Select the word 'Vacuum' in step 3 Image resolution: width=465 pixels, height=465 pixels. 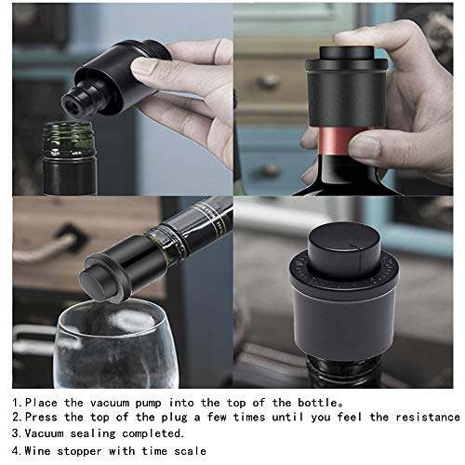[45, 433]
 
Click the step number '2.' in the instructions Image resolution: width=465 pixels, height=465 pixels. [16, 418]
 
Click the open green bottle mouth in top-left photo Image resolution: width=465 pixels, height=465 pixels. [70, 136]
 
